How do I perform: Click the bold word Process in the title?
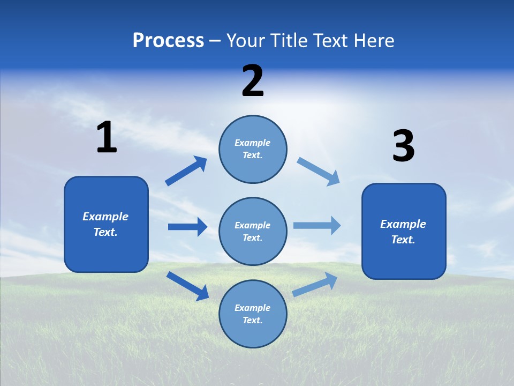coord(168,41)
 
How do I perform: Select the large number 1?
coord(107,138)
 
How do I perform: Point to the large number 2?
coord(253,81)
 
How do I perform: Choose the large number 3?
coord(403,146)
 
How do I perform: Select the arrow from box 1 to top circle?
coord(186,171)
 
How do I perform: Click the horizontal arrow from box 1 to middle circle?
coord(187,227)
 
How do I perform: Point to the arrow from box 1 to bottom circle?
coord(187,286)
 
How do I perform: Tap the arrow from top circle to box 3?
coord(319,171)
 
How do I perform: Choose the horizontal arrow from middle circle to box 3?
coord(317,225)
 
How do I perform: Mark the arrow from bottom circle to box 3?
coord(315,285)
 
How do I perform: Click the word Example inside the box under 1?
coord(105,217)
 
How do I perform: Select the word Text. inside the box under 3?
coord(403,240)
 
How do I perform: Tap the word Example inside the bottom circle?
coord(253,308)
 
